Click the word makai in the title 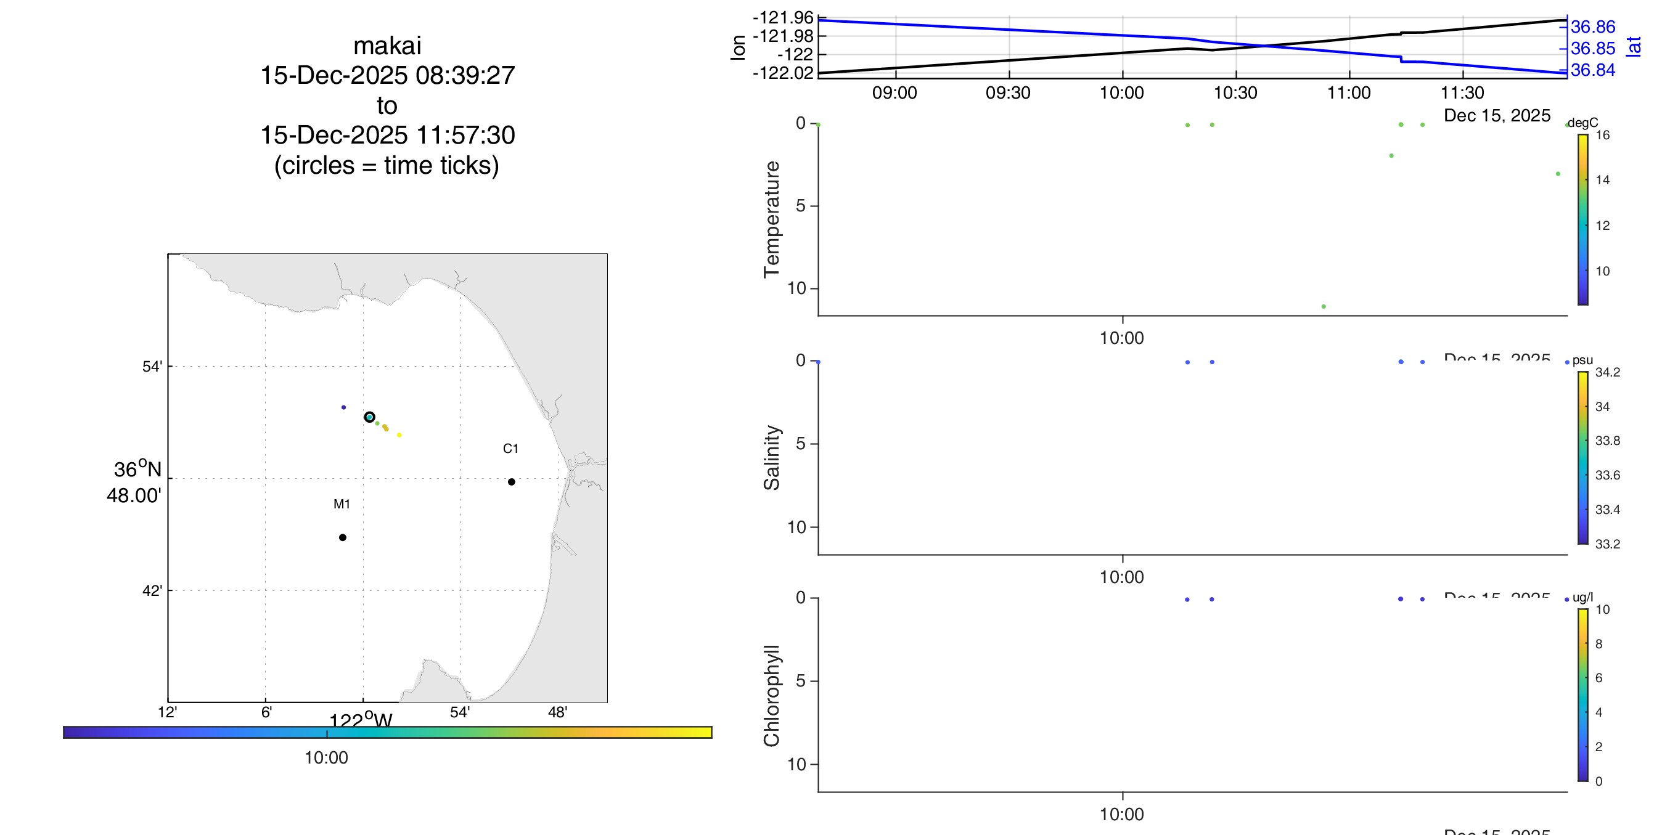pos(387,46)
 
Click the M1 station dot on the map pos(342,537)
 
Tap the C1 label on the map pos(510,449)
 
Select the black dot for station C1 pos(512,482)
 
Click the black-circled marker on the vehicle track pos(369,417)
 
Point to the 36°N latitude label pos(137,470)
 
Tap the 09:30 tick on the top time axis pos(1007,92)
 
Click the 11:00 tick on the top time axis pos(1348,92)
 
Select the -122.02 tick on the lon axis pos(782,73)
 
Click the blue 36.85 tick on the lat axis pos(1593,49)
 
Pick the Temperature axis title pos(771,219)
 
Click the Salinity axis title pos(771,457)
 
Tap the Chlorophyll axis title pos(771,696)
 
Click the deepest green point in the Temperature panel pos(1323,307)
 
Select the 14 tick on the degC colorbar pos(1602,180)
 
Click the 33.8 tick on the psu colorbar pos(1607,441)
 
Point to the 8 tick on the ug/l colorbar pos(1598,644)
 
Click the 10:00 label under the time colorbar pos(326,757)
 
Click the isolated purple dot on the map pos(343,407)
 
